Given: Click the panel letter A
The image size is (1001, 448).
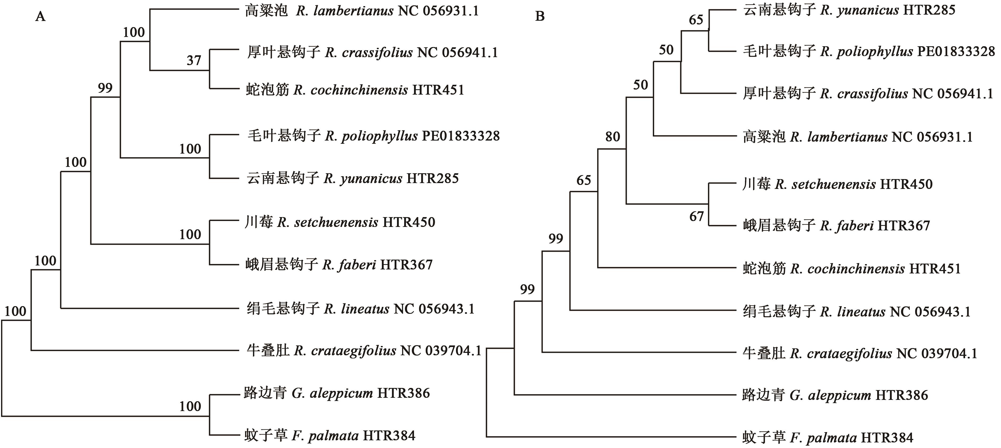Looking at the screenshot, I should point(40,17).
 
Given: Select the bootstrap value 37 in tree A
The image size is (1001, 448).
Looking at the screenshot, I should point(194,61).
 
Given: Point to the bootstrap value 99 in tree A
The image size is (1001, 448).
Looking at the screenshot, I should point(105,88).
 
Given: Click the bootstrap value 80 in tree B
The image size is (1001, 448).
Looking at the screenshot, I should point(613,137).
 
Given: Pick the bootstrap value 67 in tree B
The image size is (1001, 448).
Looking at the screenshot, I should point(696,216).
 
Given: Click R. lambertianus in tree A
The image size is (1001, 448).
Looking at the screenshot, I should point(345,11).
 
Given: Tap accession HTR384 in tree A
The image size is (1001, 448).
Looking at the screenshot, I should point(389,436).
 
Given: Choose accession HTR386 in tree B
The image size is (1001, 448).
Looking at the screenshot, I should point(902,395).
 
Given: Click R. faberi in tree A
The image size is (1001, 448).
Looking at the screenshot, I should point(349,265).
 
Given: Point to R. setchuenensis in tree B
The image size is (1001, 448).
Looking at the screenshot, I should point(825,184).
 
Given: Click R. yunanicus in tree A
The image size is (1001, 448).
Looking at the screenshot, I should point(363,178).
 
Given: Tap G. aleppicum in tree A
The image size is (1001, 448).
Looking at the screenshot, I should point(332,393).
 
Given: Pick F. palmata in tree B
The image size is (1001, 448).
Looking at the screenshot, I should point(823,438).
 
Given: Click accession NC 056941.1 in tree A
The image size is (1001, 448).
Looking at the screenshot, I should point(457,52).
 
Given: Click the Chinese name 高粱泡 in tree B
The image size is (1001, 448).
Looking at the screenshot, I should point(764,137).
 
